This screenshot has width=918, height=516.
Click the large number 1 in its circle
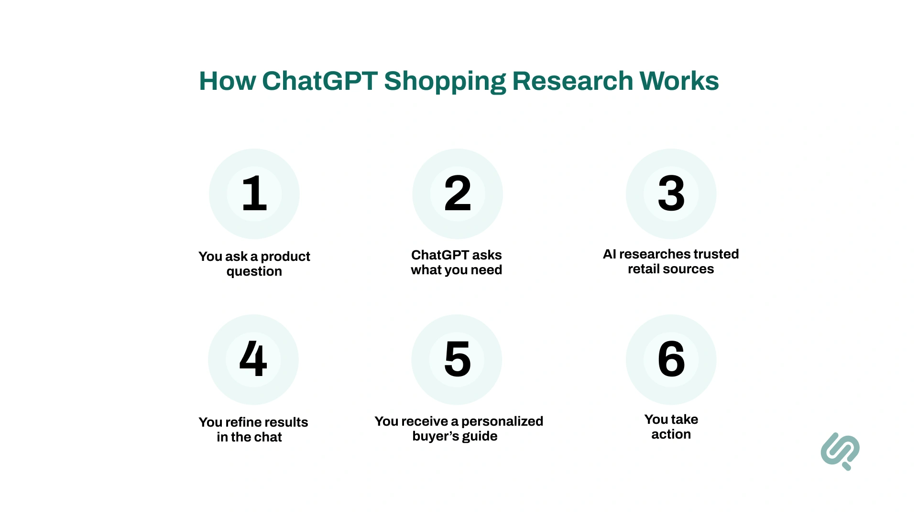pos(254,193)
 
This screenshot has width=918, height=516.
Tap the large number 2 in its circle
pos(458,193)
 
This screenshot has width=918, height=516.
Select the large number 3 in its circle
pos(671,193)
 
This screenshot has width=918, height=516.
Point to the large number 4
pos(253,359)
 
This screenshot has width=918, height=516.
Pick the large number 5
pos(457,359)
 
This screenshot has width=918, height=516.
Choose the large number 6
pos(671,359)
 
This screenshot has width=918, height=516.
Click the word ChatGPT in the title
pos(320,81)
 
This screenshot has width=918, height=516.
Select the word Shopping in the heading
pos(445,82)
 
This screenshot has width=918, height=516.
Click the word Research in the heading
pos(572,81)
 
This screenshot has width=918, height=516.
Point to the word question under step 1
pos(254,272)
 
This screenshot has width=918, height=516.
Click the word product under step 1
pos(285,257)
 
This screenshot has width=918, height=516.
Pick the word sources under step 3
pos(691,269)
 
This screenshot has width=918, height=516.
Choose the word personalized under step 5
pos(502,421)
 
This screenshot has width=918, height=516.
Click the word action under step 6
pos(671,434)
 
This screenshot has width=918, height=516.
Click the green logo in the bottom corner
pos(840,451)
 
